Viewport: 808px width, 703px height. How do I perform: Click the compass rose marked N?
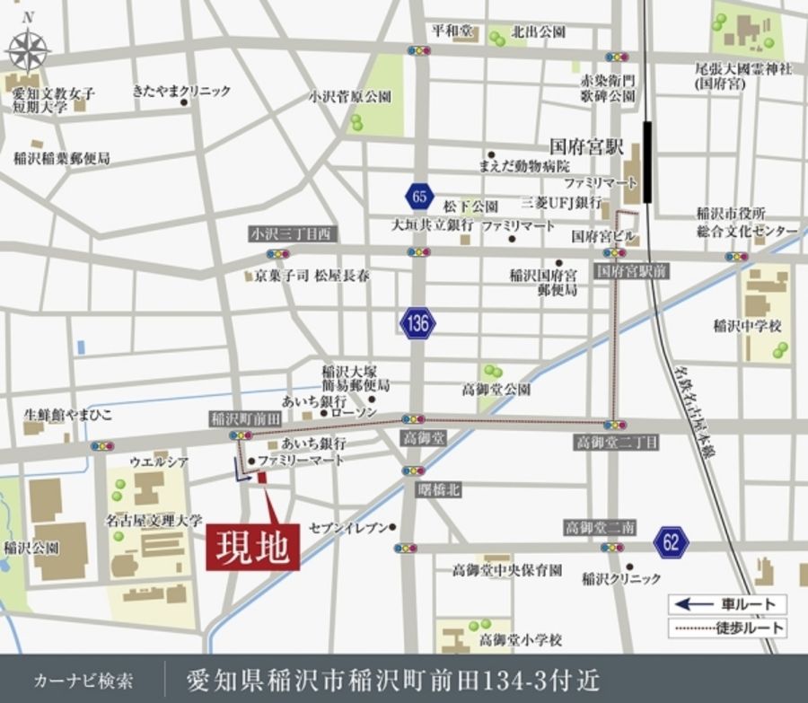(x=29, y=48)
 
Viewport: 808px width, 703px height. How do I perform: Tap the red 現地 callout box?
(x=253, y=546)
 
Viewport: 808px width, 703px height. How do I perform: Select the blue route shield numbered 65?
(x=417, y=195)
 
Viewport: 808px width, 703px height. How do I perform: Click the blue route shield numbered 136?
(x=417, y=323)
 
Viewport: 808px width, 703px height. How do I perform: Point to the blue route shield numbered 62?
(x=672, y=541)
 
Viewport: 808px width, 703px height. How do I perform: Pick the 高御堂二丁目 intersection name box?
(x=617, y=443)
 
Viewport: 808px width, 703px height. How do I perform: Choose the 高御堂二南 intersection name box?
(x=601, y=527)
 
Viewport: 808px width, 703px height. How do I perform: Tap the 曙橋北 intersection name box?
(x=439, y=489)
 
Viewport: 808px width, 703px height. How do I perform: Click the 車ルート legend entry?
(x=727, y=604)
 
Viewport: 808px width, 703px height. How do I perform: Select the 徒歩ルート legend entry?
(x=727, y=628)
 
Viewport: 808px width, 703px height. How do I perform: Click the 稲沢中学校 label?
(x=748, y=326)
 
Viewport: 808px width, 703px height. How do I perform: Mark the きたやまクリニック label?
(x=181, y=91)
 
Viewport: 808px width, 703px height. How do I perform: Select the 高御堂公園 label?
(x=496, y=390)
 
